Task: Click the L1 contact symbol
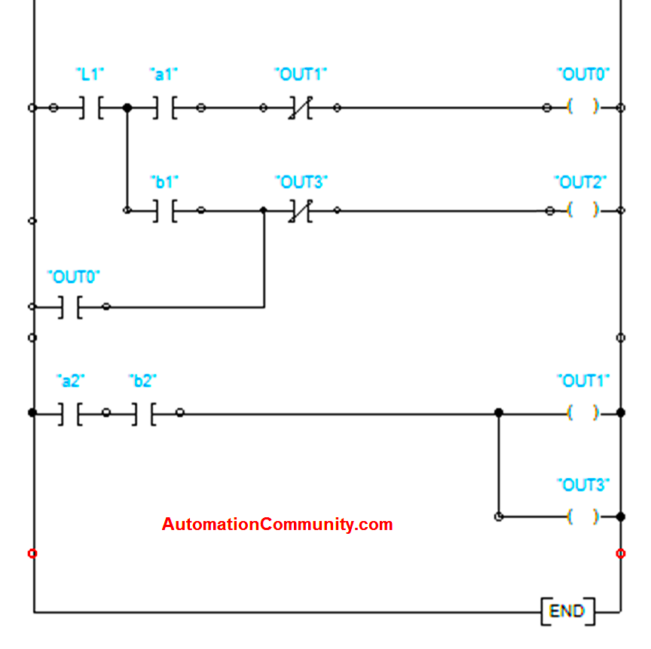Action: point(90,108)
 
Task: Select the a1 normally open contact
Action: point(164,108)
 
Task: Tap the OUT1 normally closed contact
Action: point(300,108)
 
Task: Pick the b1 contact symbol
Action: point(164,210)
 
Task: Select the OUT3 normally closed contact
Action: point(300,210)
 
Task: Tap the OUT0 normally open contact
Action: point(69,306)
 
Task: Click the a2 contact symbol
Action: point(69,413)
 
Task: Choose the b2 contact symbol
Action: point(143,413)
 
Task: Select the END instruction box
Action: point(567,611)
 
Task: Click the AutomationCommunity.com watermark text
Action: point(277,524)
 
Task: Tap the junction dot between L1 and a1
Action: point(127,108)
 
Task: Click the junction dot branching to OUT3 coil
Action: point(498,413)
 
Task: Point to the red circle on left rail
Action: point(32,553)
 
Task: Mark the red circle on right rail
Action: point(620,553)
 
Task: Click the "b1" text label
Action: point(164,181)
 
